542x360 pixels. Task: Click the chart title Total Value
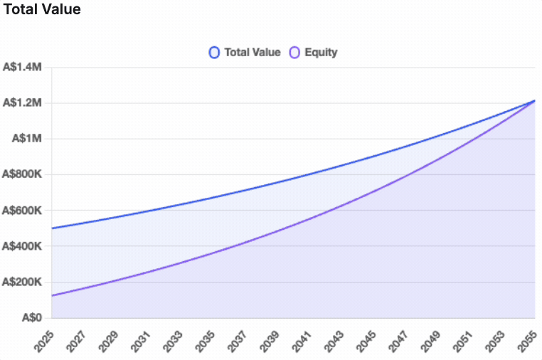pyautogui.click(x=41, y=10)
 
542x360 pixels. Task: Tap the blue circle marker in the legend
pyautogui.click(x=214, y=52)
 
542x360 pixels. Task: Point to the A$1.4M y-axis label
pyautogui.click(x=23, y=68)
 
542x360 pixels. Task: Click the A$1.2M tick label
pyautogui.click(x=23, y=103)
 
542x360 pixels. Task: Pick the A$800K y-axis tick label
pyautogui.click(x=23, y=175)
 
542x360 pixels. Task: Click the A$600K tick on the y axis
pyautogui.click(x=23, y=211)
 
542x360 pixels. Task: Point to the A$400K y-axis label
pyautogui.click(x=23, y=246)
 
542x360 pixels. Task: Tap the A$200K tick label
pyautogui.click(x=23, y=282)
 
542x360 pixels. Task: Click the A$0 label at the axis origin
pyautogui.click(x=33, y=318)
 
